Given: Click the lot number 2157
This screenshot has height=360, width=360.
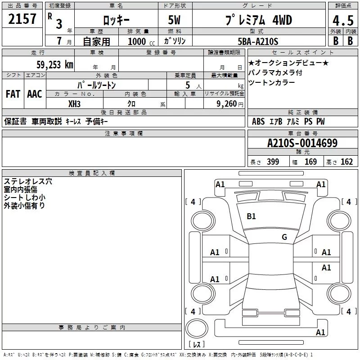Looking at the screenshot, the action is click(x=22, y=19).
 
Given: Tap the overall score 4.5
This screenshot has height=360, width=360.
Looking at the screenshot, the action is click(x=343, y=21).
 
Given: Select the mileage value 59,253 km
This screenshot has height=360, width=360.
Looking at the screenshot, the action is click(x=55, y=65).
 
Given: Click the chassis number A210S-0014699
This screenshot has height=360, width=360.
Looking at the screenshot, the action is click(x=302, y=143).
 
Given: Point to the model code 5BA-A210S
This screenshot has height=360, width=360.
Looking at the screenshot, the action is click(x=258, y=41).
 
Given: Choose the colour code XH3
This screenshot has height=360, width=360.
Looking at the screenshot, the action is click(x=74, y=104).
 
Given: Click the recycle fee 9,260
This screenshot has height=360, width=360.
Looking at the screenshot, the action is click(x=227, y=104).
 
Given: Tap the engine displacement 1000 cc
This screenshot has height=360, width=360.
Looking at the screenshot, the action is click(x=141, y=41).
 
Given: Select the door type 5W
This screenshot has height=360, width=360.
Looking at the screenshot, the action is click(x=174, y=20).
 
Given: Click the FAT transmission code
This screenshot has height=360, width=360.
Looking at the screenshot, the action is click(x=13, y=94).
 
